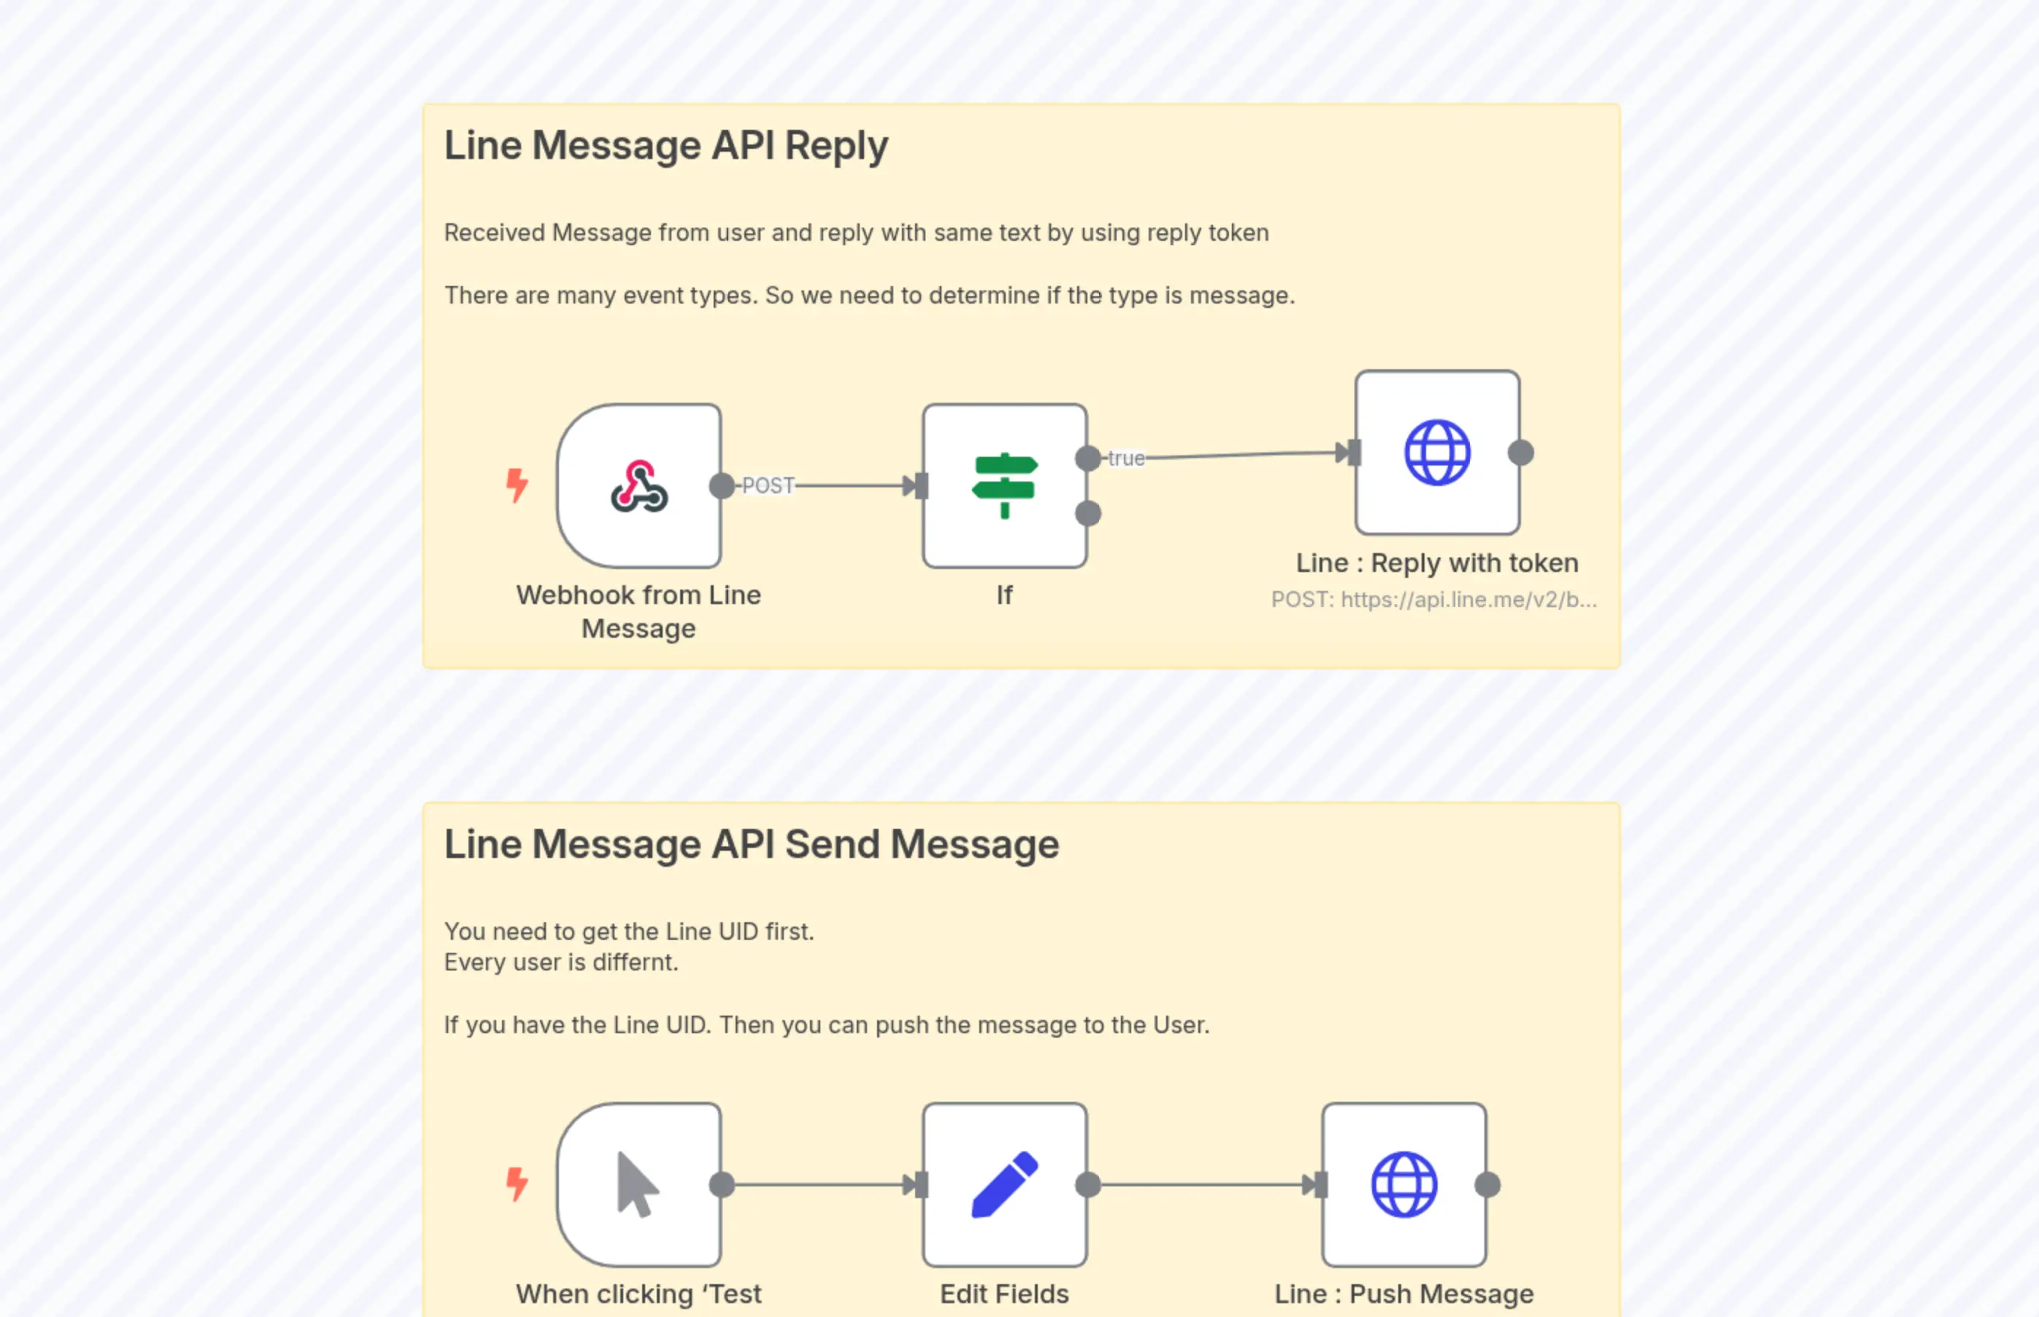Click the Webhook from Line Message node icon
pyautogui.click(x=639, y=486)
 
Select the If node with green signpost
pyautogui.click(x=1005, y=486)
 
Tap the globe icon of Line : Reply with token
pyautogui.click(x=1437, y=452)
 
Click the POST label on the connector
pyautogui.click(x=768, y=486)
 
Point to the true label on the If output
pyautogui.click(x=1125, y=458)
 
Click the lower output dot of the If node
pyautogui.click(x=1088, y=514)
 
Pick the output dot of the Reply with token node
pyautogui.click(x=1521, y=452)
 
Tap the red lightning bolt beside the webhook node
pyautogui.click(x=517, y=485)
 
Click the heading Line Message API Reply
pyautogui.click(x=666, y=145)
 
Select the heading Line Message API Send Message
pyautogui.click(x=751, y=844)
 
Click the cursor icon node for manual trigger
pyautogui.click(x=639, y=1184)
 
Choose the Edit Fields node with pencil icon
pyautogui.click(x=1005, y=1184)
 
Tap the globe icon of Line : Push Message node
pyautogui.click(x=1403, y=1184)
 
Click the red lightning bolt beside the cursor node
pyautogui.click(x=517, y=1183)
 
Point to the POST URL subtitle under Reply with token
pyautogui.click(x=1433, y=600)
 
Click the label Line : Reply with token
pyautogui.click(x=1437, y=563)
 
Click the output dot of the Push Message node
pyautogui.click(x=1487, y=1184)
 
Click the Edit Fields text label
pyautogui.click(x=1004, y=1294)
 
